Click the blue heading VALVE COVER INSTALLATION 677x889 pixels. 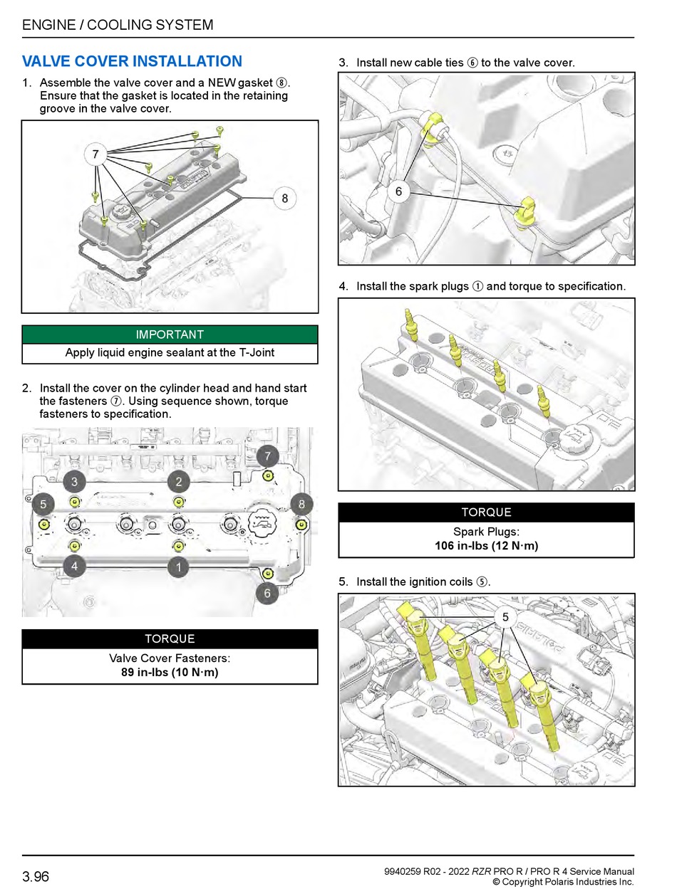[133, 62]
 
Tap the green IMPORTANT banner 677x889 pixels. [170, 335]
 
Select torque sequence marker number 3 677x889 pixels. [74, 482]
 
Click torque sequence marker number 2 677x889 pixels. [179, 482]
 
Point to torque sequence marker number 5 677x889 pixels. [43, 504]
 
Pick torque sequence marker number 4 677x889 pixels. [74, 567]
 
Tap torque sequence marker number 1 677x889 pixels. [179, 567]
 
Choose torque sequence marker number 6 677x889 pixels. [267, 593]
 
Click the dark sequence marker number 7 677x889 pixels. [268, 456]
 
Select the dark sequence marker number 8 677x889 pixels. [301, 504]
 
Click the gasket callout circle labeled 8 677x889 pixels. [284, 199]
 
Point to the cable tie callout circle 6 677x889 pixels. [398, 191]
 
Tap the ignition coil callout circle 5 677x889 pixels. [505, 617]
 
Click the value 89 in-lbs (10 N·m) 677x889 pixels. [170, 672]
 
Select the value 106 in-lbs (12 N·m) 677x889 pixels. [486, 546]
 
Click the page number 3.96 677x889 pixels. [36, 876]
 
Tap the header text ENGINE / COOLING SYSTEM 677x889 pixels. [118, 25]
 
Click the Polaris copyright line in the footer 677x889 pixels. [563, 882]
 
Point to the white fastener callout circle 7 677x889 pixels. [95, 154]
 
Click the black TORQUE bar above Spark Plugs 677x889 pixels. [486, 512]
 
